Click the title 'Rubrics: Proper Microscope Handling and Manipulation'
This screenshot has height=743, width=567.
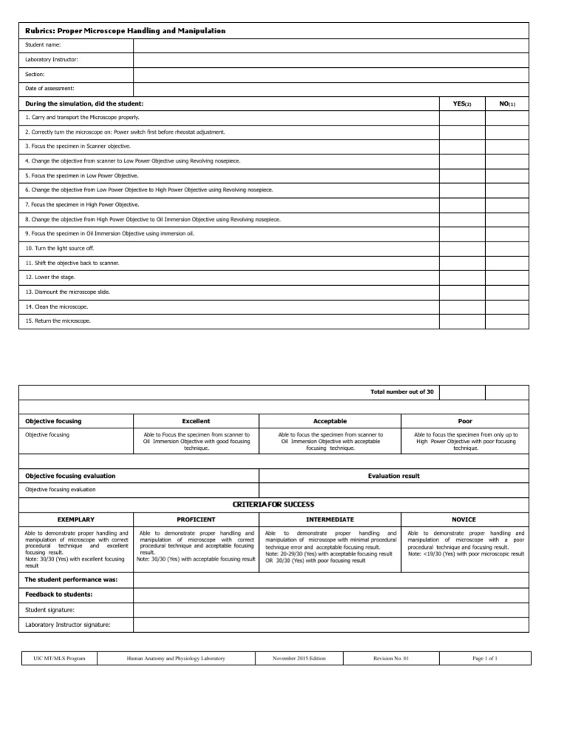(126, 31)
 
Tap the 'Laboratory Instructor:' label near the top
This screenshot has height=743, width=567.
(52, 59)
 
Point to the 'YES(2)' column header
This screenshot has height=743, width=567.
(461, 103)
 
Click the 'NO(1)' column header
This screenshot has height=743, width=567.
(507, 103)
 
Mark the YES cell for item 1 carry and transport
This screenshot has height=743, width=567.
(462, 117)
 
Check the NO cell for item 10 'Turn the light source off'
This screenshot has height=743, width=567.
(507, 248)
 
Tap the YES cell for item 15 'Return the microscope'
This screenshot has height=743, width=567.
(462, 321)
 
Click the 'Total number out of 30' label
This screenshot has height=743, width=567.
(402, 392)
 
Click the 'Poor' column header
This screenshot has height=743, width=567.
(466, 421)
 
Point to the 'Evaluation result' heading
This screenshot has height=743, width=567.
(394, 476)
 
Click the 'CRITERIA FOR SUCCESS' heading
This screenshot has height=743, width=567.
(273, 504)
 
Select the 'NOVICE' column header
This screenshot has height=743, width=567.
(466, 520)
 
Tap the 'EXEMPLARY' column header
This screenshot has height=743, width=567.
(75, 520)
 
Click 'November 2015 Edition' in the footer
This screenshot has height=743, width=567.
(298, 658)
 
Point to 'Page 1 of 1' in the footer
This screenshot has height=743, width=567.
(484, 658)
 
